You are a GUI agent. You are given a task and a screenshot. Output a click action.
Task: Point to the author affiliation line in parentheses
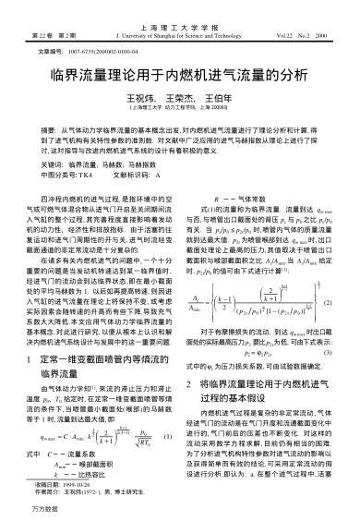[179, 107]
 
